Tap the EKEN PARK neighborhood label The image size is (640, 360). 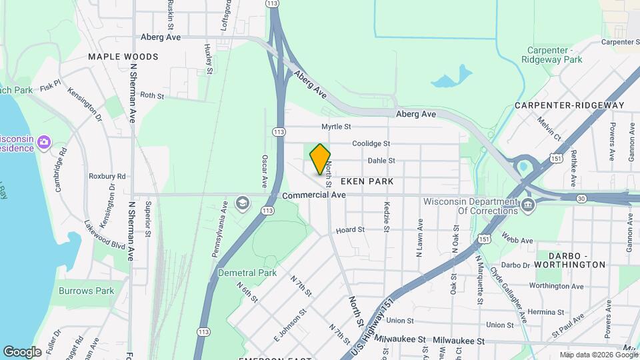pyautogui.click(x=367, y=181)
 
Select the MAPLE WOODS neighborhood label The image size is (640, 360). pyautogui.click(x=123, y=57)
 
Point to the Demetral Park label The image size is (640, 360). pyautogui.click(x=247, y=273)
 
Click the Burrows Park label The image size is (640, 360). pyautogui.click(x=86, y=291)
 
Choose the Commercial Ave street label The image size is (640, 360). pyautogui.click(x=313, y=195)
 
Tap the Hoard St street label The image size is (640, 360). pyautogui.click(x=350, y=230)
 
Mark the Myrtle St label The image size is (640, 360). pyautogui.click(x=336, y=126)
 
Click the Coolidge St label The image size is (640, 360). pyautogui.click(x=371, y=143)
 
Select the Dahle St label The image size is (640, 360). pyautogui.click(x=381, y=161)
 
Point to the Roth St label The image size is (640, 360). pyautogui.click(x=152, y=96)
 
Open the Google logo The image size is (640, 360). pyautogui.click(x=22, y=351)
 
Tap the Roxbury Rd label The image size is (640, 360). pyautogui.click(x=107, y=176)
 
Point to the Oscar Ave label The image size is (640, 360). pyautogui.click(x=265, y=171)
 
